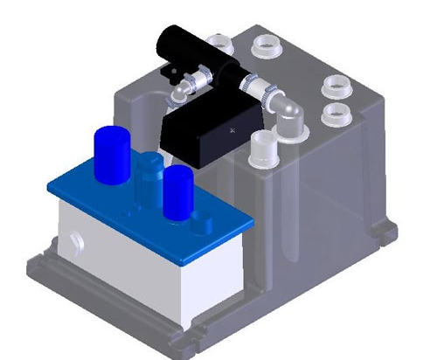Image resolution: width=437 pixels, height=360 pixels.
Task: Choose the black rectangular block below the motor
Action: tap(210, 131)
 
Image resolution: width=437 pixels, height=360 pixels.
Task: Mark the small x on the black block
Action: tap(231, 128)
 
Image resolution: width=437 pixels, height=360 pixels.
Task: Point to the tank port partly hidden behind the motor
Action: tap(218, 38)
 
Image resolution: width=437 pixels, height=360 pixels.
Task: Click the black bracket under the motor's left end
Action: tap(170, 69)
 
